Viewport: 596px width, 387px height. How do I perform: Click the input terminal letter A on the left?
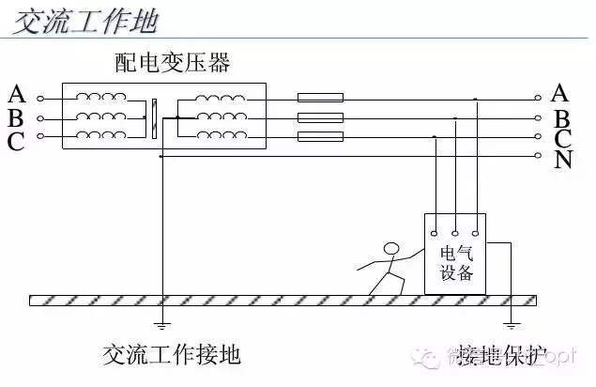[16, 94]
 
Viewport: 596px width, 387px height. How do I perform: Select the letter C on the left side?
[16, 142]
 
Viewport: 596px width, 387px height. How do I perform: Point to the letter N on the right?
[563, 160]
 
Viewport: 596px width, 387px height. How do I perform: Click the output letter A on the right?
[561, 92]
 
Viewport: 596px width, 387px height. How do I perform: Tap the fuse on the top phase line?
[320, 98]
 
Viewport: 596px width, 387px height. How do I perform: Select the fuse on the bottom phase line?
[320, 137]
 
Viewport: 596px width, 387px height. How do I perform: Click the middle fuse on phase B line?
[320, 117]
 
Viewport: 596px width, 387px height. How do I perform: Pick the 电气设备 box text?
[456, 264]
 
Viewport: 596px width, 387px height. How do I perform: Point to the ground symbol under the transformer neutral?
[161, 325]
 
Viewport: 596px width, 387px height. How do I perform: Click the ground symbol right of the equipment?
[512, 325]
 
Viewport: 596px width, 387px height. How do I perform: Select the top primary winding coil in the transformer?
[100, 97]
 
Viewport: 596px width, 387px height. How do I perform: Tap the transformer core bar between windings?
[153, 117]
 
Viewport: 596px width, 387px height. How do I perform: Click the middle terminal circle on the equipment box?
[455, 231]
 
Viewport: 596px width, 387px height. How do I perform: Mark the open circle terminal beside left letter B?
[39, 118]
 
